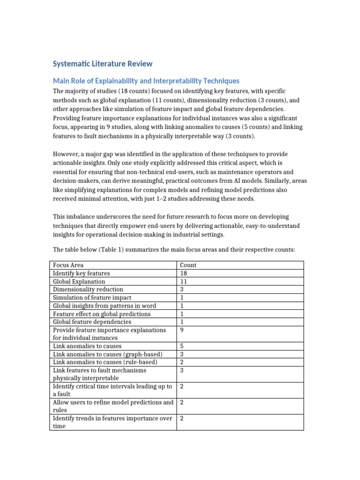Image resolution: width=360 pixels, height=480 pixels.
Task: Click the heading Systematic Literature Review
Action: pos(102,64)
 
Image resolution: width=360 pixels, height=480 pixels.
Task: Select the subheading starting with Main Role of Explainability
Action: pos(146,81)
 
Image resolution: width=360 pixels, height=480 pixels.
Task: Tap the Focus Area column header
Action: pos(68,265)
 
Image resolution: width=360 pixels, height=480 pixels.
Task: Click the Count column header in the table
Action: pos(188,265)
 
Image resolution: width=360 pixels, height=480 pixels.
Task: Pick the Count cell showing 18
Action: pos(183,273)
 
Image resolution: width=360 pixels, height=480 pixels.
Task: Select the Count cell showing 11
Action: pos(183,281)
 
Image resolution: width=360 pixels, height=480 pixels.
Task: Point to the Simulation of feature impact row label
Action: pos(92,298)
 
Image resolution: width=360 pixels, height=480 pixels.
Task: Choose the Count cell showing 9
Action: pos(182,330)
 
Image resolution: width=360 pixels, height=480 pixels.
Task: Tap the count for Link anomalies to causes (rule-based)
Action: pos(182,362)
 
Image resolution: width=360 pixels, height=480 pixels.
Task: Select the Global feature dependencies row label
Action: pos(92,322)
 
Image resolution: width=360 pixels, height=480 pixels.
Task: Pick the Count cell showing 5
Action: pos(182,346)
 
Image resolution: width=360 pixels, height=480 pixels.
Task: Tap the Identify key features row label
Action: pos(82,273)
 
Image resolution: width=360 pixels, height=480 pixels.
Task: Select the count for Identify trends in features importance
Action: pos(182,418)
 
